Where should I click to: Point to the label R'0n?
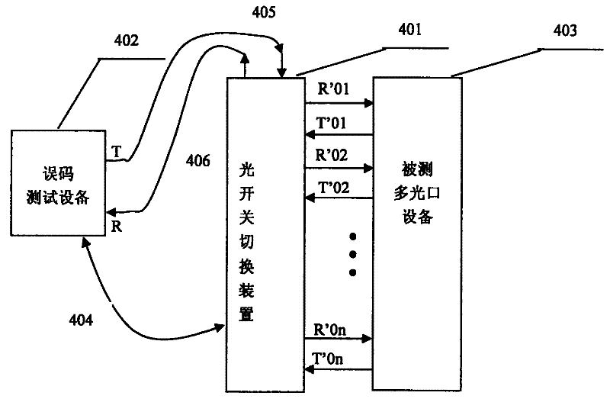coord(331,330)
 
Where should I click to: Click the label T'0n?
coord(331,359)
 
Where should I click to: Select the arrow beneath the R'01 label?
coord(338,102)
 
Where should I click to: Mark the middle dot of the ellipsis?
coord(352,253)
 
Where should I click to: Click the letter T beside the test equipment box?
coord(115,152)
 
